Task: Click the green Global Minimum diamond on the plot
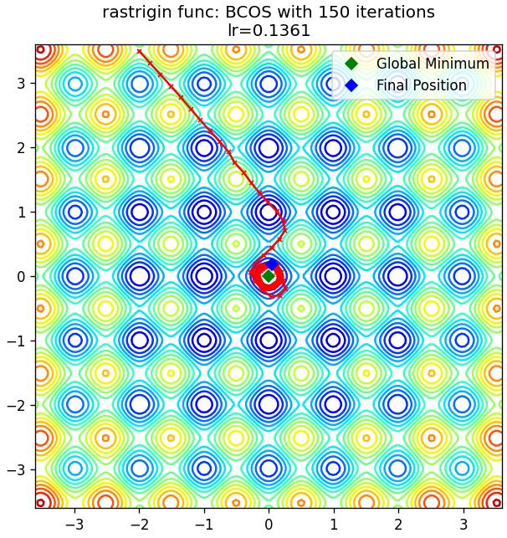point(269,276)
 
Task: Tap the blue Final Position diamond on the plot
point(272,264)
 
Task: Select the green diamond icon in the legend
point(351,64)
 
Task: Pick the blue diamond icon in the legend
point(351,85)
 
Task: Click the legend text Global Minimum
point(433,64)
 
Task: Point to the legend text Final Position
point(422,85)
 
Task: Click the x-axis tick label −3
point(76,525)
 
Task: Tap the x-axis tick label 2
point(398,525)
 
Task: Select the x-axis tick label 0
point(269,525)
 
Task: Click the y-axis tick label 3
point(21,83)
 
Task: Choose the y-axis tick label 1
point(21,212)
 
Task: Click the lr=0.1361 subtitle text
point(269,30)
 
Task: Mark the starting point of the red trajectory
point(139,52)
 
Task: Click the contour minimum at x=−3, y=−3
point(75,469)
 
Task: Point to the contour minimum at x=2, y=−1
point(398,341)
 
